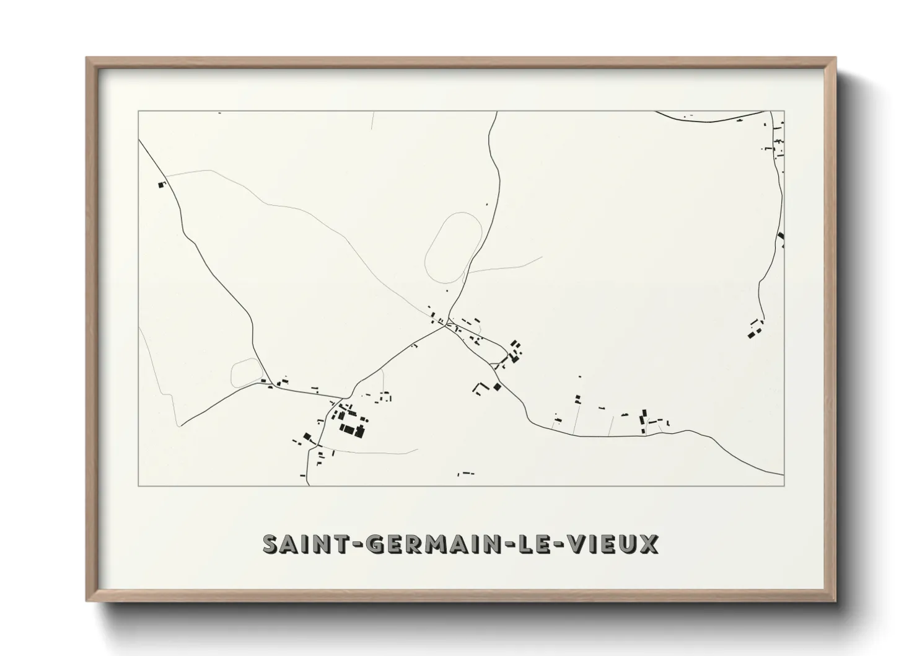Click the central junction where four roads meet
pos(446,327)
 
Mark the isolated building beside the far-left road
pos(162,184)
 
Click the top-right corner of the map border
pos(784,111)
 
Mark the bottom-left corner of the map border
pos(138,485)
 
